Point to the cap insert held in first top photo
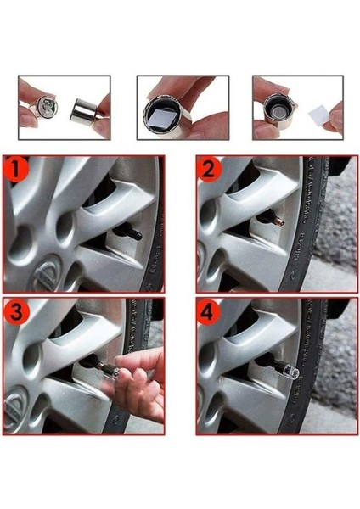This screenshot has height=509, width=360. tap(46, 109)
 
